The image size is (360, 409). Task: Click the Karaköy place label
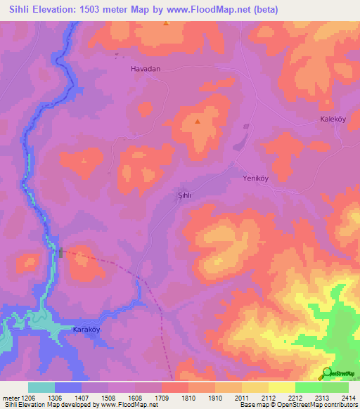pyautogui.click(x=89, y=329)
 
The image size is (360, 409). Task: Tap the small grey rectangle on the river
pyautogui.click(x=61, y=252)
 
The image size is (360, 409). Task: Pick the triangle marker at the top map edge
pyautogui.click(x=166, y=24)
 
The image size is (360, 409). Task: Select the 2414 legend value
pyautogui.click(x=347, y=398)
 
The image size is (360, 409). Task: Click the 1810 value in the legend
pyautogui.click(x=188, y=398)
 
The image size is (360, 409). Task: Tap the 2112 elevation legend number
pyautogui.click(x=268, y=398)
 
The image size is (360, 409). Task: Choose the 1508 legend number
pyautogui.click(x=108, y=398)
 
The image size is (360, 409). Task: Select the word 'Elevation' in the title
pyautogui.click(x=53, y=10)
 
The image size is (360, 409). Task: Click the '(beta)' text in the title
pyautogui.click(x=266, y=10)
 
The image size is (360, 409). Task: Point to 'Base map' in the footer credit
pyautogui.click(x=253, y=405)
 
